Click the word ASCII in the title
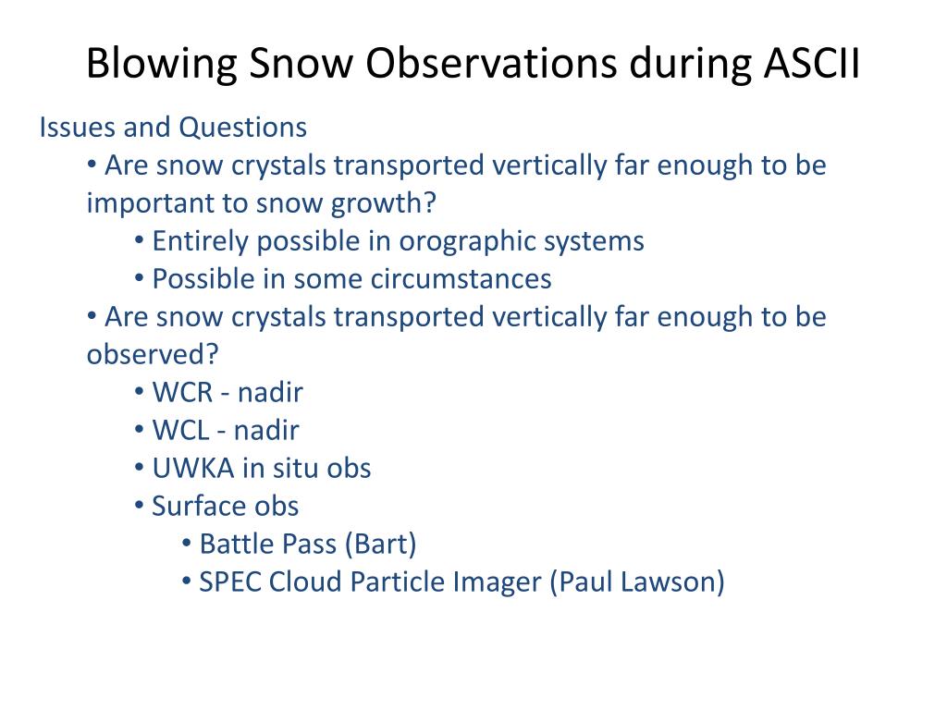(x=811, y=62)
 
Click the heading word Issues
(x=78, y=128)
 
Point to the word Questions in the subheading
(x=243, y=128)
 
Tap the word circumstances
(x=461, y=279)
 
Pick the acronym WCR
(x=182, y=393)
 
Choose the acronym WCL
(x=180, y=431)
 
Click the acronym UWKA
(x=193, y=469)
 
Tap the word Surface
(x=199, y=507)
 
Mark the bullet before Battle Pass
(x=187, y=543)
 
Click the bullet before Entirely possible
(x=140, y=240)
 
